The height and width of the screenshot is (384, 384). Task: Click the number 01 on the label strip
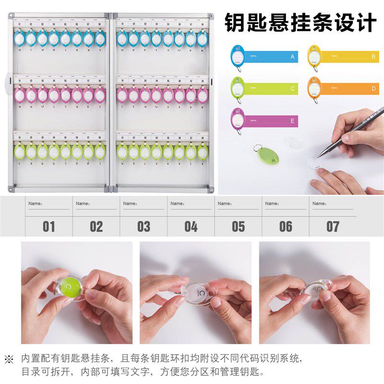click(49, 227)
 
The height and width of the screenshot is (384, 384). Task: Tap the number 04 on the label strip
click(191, 227)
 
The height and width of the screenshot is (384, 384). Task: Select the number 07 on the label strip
click(333, 227)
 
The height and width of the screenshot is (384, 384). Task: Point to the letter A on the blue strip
click(292, 57)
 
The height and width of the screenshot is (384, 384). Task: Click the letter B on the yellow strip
click(373, 57)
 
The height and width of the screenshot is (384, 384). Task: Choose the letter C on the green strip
click(292, 89)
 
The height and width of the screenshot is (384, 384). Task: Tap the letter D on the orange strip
click(373, 89)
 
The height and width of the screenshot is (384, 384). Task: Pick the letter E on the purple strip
click(292, 121)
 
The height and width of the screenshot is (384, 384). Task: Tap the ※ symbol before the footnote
click(9, 359)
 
